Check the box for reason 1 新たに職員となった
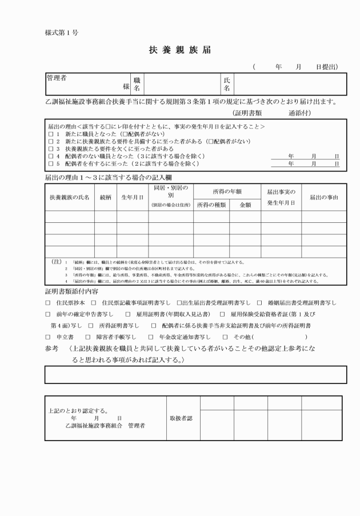pos(50,133)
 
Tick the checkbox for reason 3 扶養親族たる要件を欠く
pos(50,148)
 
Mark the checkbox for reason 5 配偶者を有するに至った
pos(50,163)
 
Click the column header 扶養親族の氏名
pos(70,197)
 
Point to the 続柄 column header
pos(105,197)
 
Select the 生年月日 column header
pos(132,197)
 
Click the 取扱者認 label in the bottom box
pos(181,418)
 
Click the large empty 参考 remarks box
pos(195,374)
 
